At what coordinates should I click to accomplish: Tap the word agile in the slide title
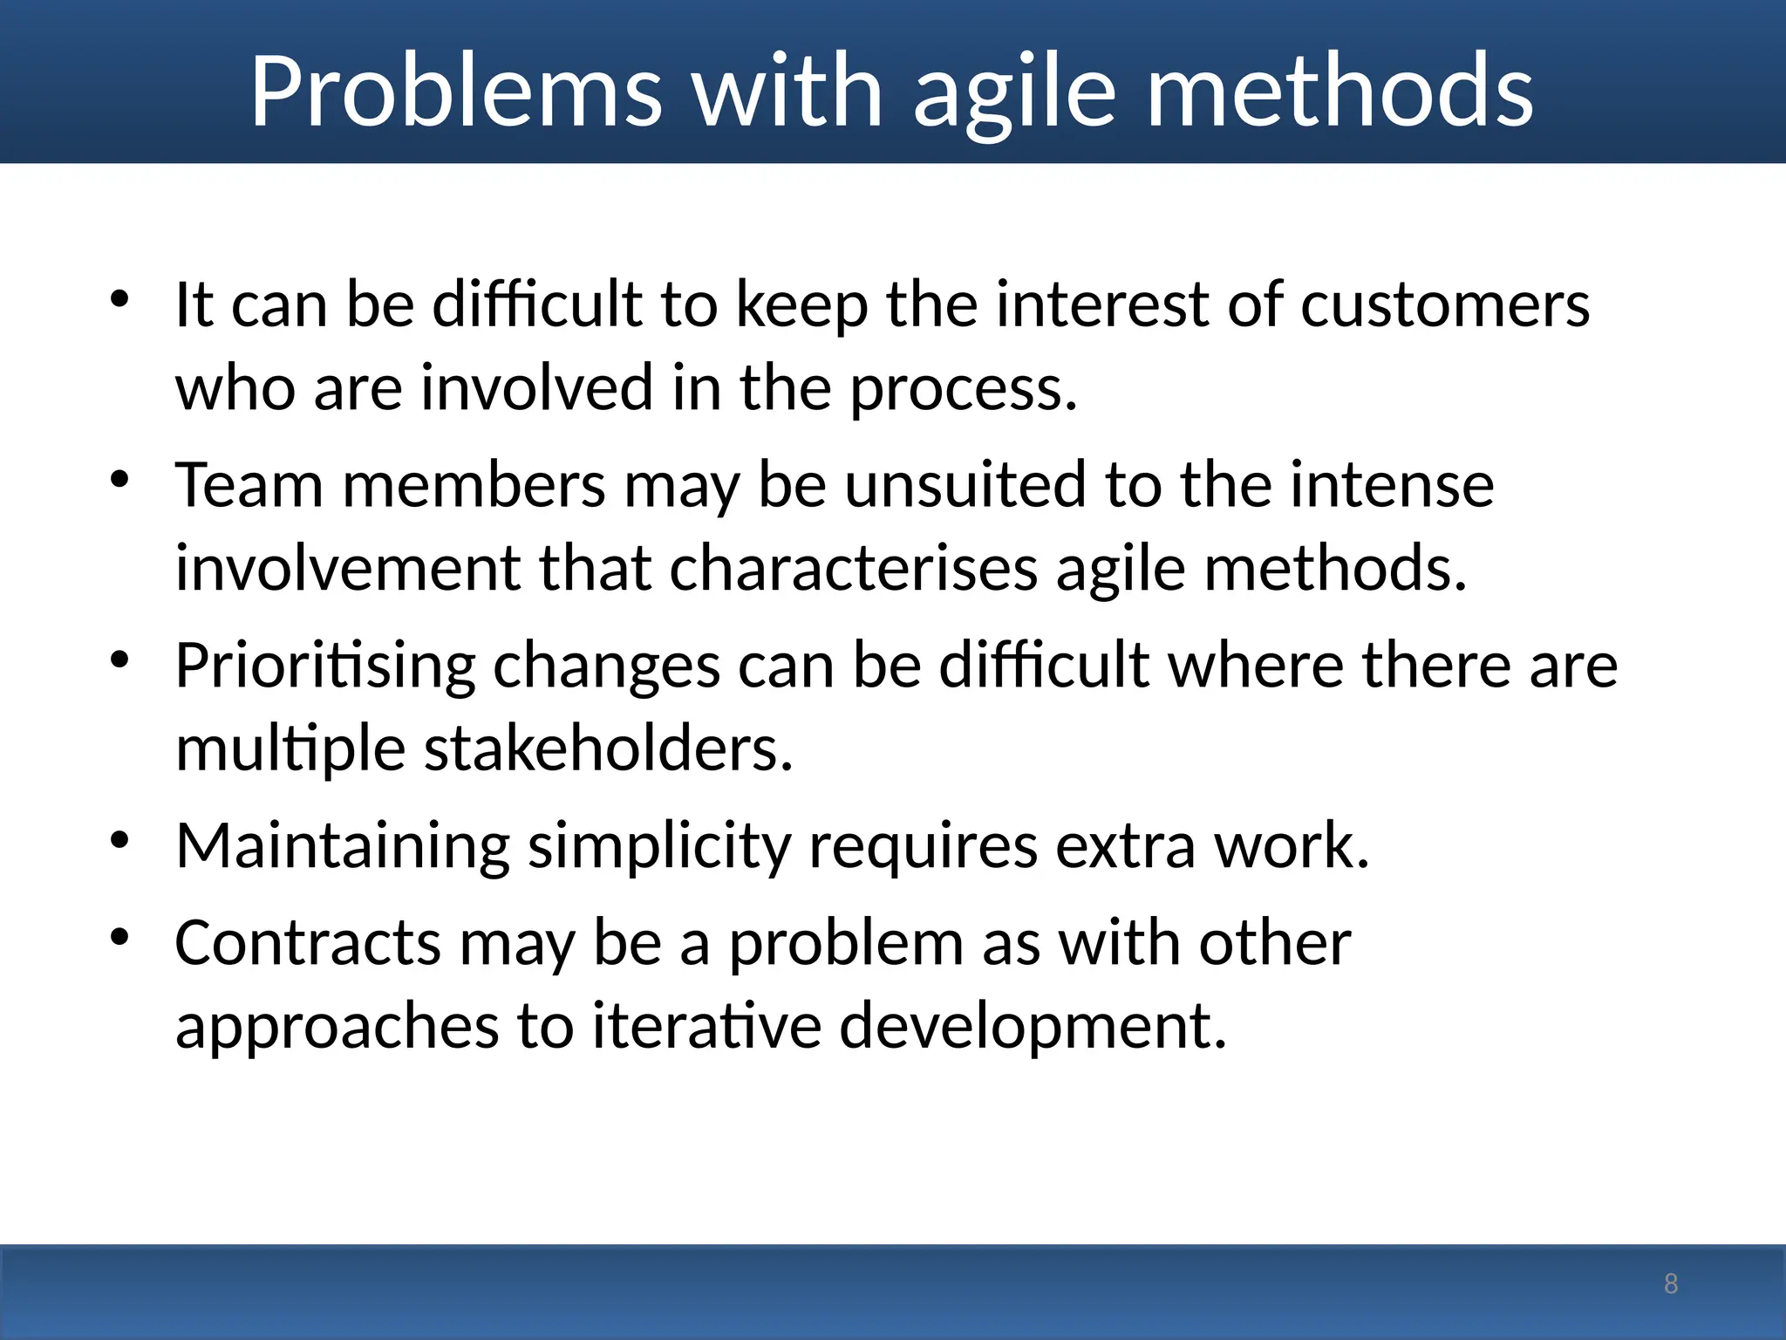tap(1014, 92)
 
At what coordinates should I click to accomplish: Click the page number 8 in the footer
tap(1671, 1283)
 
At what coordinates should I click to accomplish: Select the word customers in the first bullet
tap(1445, 305)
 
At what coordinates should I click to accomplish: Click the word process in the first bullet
tap(963, 389)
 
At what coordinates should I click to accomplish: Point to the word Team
tap(249, 485)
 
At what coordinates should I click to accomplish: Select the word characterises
tap(854, 569)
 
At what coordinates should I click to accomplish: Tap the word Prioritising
tap(325, 667)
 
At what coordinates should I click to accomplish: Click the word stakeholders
tap(608, 749)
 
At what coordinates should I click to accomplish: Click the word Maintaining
tap(343, 846)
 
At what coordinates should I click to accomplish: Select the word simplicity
tap(660, 846)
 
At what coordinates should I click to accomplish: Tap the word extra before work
tap(1125, 846)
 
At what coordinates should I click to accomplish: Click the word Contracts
tap(308, 943)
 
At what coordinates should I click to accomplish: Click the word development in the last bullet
tap(1033, 1026)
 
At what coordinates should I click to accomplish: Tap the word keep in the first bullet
tap(801, 305)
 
